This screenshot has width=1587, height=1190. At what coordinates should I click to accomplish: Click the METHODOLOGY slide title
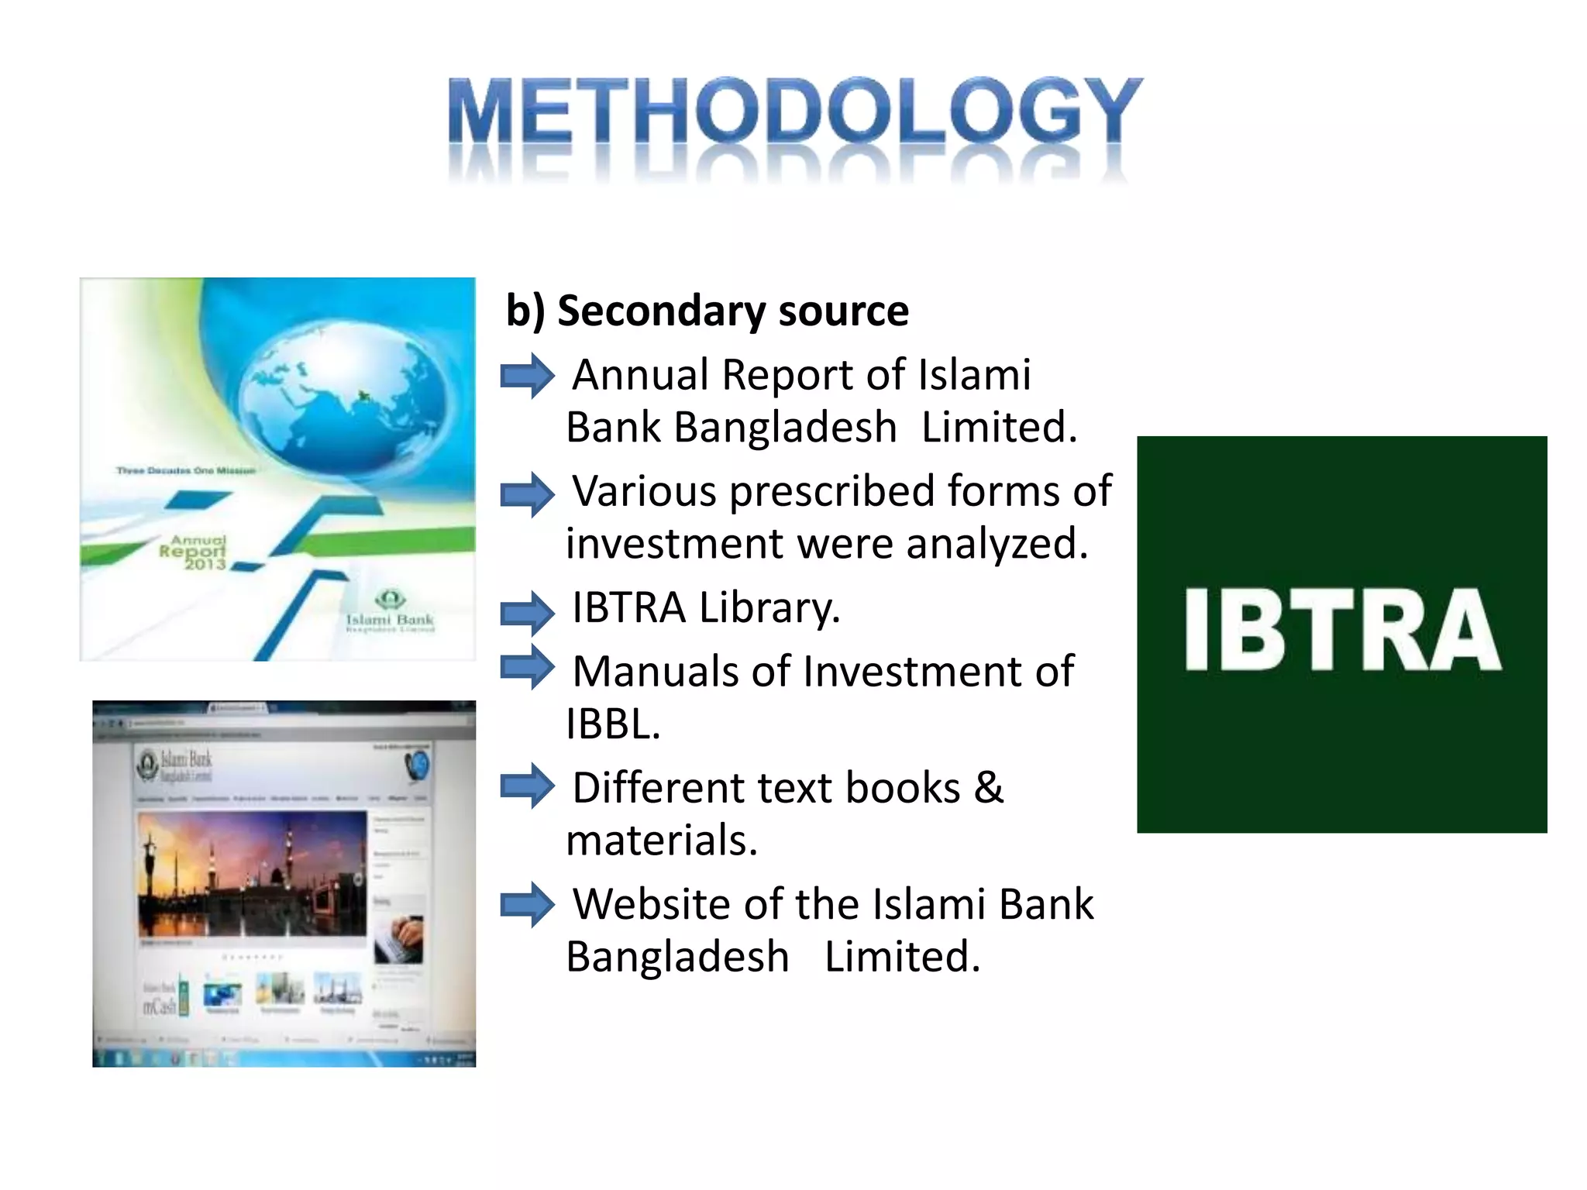tap(794, 112)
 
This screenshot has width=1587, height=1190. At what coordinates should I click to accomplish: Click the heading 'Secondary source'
tap(732, 311)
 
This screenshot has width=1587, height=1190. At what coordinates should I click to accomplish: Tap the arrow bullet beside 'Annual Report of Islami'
tap(527, 376)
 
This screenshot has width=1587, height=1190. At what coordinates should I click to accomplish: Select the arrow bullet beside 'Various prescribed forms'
tap(527, 494)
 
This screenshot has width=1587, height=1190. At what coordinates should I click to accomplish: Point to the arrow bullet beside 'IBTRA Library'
tap(527, 613)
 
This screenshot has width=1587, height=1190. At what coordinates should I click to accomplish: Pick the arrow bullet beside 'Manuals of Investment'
tap(527, 667)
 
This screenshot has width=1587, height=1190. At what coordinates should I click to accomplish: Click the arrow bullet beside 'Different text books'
tap(527, 786)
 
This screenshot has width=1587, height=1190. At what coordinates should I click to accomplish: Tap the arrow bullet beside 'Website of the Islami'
tap(527, 904)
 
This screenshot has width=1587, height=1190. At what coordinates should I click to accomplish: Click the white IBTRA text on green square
tap(1342, 629)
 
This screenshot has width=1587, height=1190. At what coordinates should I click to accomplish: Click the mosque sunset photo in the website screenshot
tap(252, 874)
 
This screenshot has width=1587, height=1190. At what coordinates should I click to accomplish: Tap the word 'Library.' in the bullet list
tap(769, 608)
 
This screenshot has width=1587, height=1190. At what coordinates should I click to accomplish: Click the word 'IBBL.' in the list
tap(613, 724)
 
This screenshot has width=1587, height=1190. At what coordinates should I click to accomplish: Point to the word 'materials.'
tap(661, 841)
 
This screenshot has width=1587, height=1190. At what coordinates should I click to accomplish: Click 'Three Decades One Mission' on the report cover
tap(186, 470)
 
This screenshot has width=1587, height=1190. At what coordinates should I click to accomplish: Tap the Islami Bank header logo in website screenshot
tap(174, 765)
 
